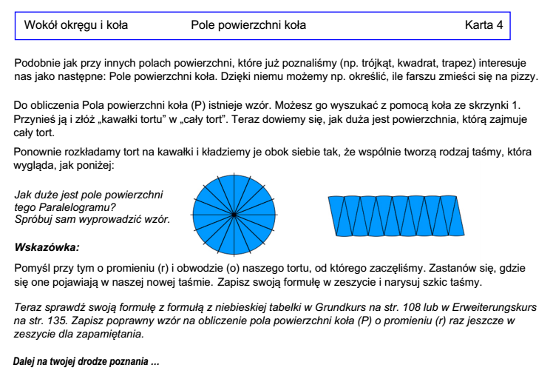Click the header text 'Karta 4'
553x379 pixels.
(484, 25)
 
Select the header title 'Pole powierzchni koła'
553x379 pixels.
(248, 25)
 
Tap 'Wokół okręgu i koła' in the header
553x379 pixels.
(77, 25)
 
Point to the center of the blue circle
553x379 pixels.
(234, 214)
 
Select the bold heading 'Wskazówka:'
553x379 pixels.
(46, 245)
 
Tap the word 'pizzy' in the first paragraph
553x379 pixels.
(529, 78)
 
